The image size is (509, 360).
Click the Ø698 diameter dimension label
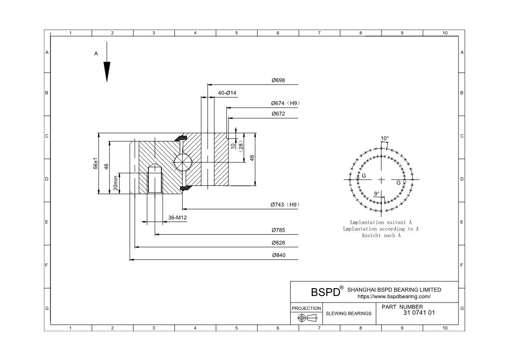(x=278, y=81)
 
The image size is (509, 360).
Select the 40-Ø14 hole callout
(x=227, y=93)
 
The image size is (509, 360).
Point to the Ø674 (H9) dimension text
(x=285, y=103)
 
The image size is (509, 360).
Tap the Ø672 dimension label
(x=278, y=114)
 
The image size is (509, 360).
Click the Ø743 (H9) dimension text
(x=285, y=205)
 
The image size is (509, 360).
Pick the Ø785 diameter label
(x=278, y=230)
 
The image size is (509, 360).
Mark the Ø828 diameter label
(x=278, y=243)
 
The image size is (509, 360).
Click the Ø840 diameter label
(x=278, y=255)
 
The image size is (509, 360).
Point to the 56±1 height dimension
(x=96, y=163)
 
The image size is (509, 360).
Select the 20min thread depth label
(x=116, y=183)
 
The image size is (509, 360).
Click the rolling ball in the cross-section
(x=183, y=162)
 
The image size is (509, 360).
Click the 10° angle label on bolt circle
(x=385, y=138)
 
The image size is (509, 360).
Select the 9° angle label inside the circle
(x=377, y=193)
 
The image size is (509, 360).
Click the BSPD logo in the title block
(x=325, y=292)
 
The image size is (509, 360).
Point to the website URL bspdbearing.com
(x=394, y=296)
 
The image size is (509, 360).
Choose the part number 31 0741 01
(x=419, y=313)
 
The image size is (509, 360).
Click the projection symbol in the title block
(x=306, y=318)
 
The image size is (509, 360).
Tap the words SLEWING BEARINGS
(x=348, y=313)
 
